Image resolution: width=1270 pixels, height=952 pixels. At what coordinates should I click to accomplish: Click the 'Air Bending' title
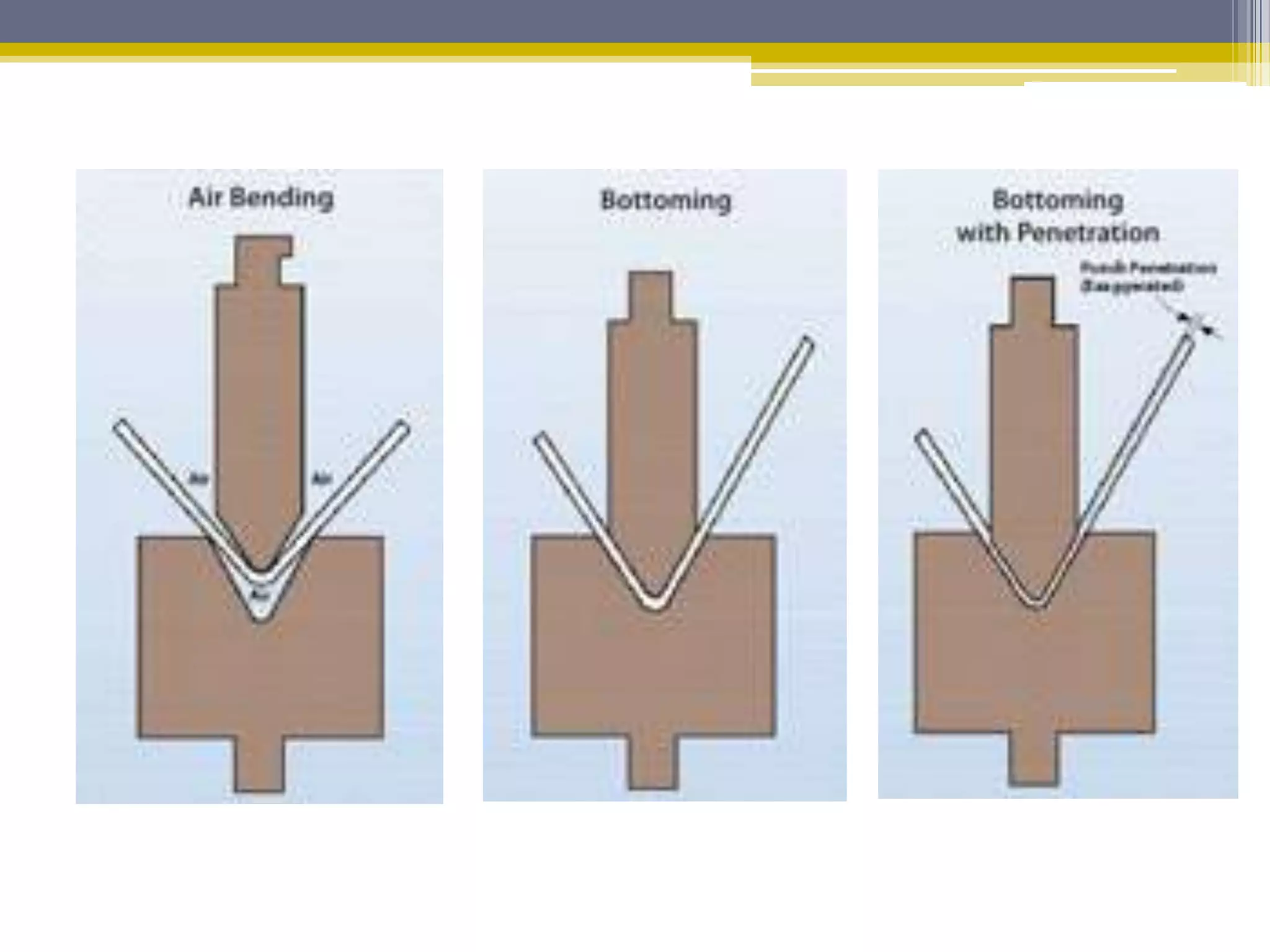(x=260, y=198)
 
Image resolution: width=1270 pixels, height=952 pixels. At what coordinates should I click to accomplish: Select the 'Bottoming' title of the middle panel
(x=665, y=200)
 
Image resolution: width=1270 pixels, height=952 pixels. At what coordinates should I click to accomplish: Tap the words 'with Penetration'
(x=1057, y=232)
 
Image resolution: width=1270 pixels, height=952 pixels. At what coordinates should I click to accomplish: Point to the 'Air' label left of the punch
(x=198, y=478)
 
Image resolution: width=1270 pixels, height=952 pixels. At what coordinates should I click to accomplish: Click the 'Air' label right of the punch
(x=322, y=478)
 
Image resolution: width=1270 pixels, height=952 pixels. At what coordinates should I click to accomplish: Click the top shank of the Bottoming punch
(x=651, y=295)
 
